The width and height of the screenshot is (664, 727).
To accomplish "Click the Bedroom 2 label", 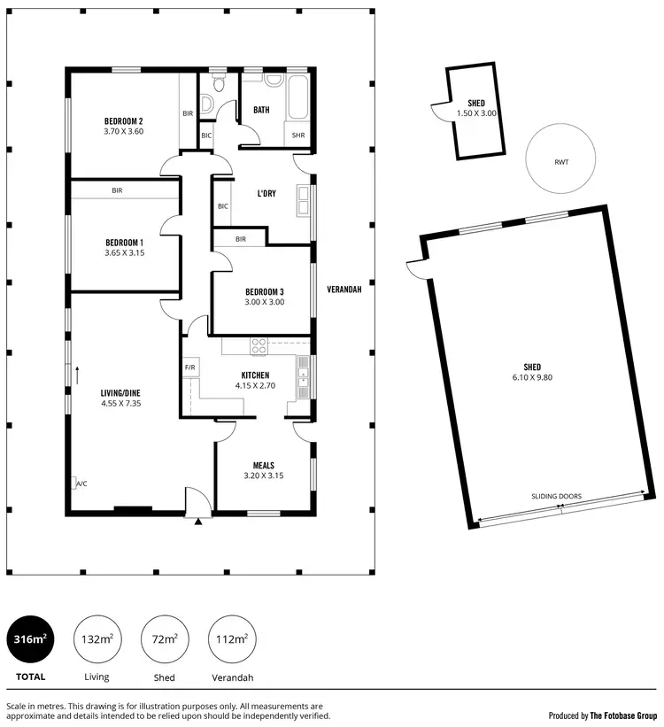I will (123, 121).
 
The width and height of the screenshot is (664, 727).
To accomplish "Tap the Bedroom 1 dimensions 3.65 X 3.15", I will (123, 253).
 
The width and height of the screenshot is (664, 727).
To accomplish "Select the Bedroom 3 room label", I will (264, 290).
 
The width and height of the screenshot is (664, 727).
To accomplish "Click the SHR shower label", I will (297, 135).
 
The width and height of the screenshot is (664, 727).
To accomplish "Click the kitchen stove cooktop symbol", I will (259, 345).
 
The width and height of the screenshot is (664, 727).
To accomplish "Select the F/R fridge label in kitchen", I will (189, 367).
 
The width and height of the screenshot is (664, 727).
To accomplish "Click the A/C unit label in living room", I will (81, 483).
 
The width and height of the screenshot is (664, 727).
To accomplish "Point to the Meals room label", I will (263, 465).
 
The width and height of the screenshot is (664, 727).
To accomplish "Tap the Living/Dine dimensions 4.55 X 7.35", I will (121, 404).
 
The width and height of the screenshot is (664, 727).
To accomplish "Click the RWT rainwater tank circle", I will (560, 162).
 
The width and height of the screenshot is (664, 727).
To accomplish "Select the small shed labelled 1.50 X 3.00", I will (476, 113).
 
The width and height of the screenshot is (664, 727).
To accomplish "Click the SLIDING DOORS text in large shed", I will (556, 497).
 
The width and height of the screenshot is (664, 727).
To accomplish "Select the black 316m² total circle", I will (30, 638).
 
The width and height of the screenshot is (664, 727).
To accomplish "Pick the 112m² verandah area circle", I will (232, 638).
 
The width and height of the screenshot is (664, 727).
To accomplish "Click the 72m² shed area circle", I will (165, 638).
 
